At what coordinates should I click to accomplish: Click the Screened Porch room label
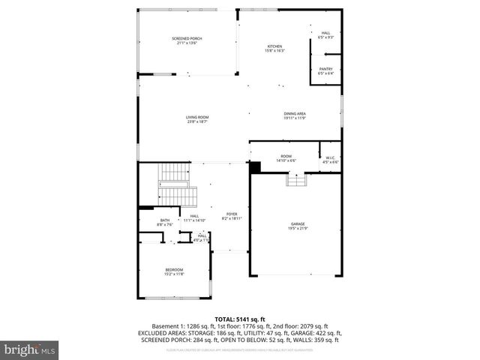pos(187,40)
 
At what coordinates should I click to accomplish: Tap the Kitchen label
pos(274,49)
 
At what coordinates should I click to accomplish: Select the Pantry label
pos(325,70)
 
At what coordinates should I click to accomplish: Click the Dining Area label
pos(295,115)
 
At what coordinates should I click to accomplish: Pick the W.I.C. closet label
pos(330,160)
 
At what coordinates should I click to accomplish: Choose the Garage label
pos(298,226)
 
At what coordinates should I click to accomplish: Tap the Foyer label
pos(232,217)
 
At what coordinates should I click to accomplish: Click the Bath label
pos(164,222)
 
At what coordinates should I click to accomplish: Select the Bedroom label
pos(174,271)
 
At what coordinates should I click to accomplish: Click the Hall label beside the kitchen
pos(325,34)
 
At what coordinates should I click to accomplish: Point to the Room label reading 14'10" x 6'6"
pos(286,158)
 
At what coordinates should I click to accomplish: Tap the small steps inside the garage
pos(296,180)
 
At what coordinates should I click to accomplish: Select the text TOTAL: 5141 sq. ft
pos(239,319)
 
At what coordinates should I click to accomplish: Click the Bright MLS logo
pos(30,349)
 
